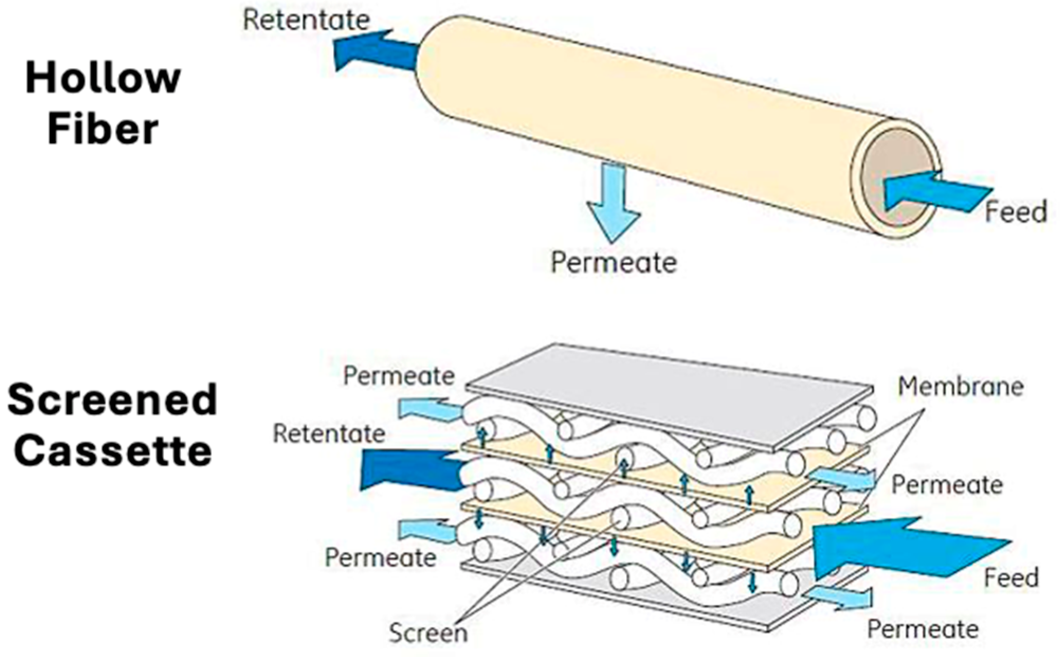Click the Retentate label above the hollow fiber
306,20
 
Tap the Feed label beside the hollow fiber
1016,212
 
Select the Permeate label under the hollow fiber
614,262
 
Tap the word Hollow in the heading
103,78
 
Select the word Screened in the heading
112,400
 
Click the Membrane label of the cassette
961,387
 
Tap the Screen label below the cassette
428,633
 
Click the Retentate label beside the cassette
329,434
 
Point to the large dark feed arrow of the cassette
899,547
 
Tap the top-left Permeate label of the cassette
399,376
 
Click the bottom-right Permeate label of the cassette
922,629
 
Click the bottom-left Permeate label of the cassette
380,558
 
